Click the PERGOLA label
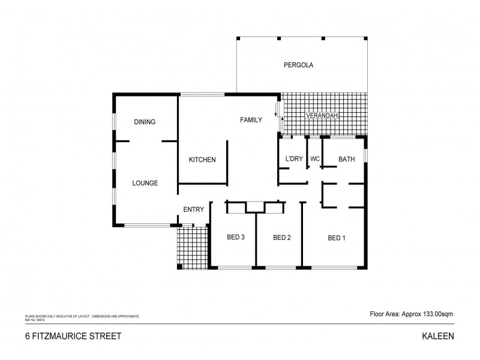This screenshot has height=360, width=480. (x=299, y=65)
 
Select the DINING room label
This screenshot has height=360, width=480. (x=145, y=122)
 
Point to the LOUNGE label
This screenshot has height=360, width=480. (x=145, y=183)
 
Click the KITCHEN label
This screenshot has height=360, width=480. (x=202, y=160)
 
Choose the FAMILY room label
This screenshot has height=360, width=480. (x=251, y=120)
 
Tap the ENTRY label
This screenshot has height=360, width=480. (x=194, y=209)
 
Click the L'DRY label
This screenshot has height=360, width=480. (x=293, y=159)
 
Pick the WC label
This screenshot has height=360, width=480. (x=314, y=159)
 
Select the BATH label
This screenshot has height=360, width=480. (x=347, y=159)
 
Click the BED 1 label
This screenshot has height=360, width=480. (x=337, y=238)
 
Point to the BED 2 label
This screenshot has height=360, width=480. (x=282, y=238)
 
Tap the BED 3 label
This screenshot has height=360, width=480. (x=235, y=238)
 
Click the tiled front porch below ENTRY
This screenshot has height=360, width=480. (x=192, y=247)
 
